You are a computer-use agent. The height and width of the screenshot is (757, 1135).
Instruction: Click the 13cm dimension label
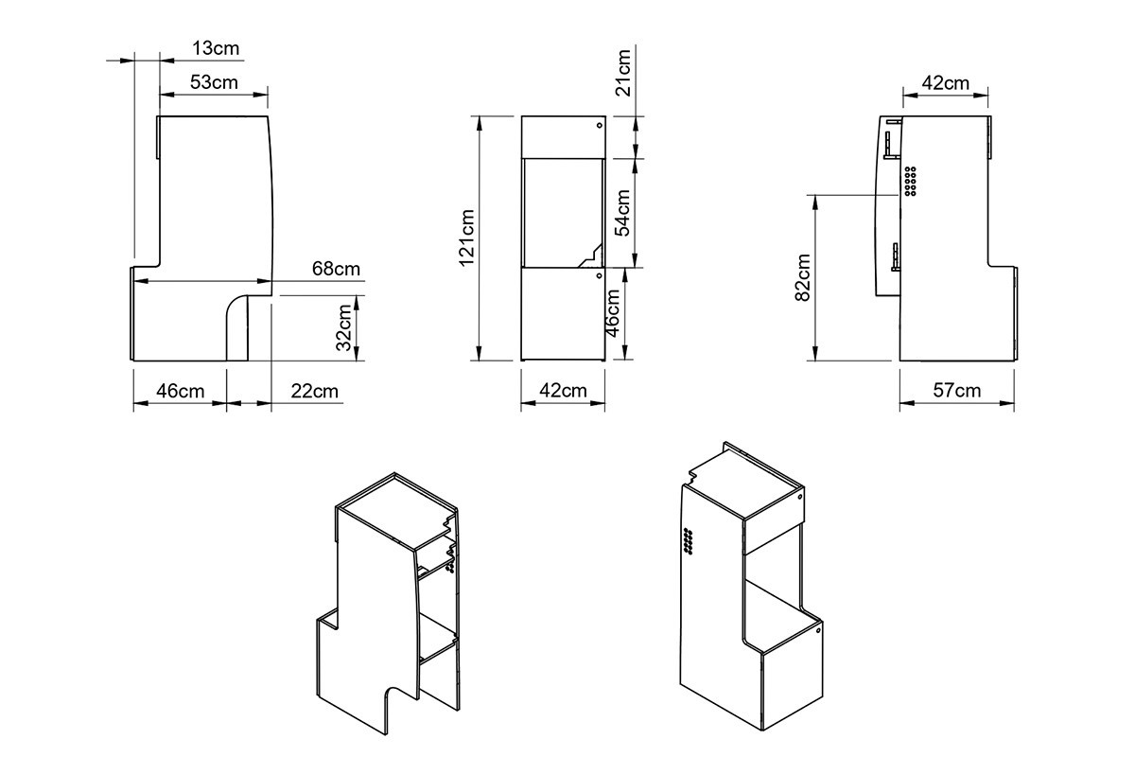pos(216,48)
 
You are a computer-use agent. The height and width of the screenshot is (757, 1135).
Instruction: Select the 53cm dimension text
pos(214,82)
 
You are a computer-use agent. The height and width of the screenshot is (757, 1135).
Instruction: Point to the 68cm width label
pos(336,269)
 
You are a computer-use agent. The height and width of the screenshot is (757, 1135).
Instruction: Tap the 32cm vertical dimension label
pos(344,327)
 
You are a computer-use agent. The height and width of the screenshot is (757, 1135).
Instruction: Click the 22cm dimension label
pos(314,392)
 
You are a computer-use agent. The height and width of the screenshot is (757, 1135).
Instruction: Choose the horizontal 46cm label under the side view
pos(180,392)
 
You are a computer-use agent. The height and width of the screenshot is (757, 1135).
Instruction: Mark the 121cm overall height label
pos(466,238)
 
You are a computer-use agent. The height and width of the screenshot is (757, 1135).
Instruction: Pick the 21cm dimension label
pos(622,73)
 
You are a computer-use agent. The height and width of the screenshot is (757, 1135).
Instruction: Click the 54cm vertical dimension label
pos(622,213)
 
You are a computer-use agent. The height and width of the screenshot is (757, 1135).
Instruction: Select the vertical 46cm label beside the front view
pos(613,313)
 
